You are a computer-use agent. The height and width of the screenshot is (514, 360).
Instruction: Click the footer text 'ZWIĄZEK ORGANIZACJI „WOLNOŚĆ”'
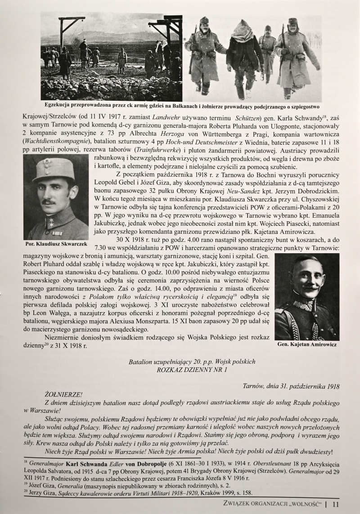tap(274, 505)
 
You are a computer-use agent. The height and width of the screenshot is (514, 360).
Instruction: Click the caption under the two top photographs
tap(180, 107)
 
